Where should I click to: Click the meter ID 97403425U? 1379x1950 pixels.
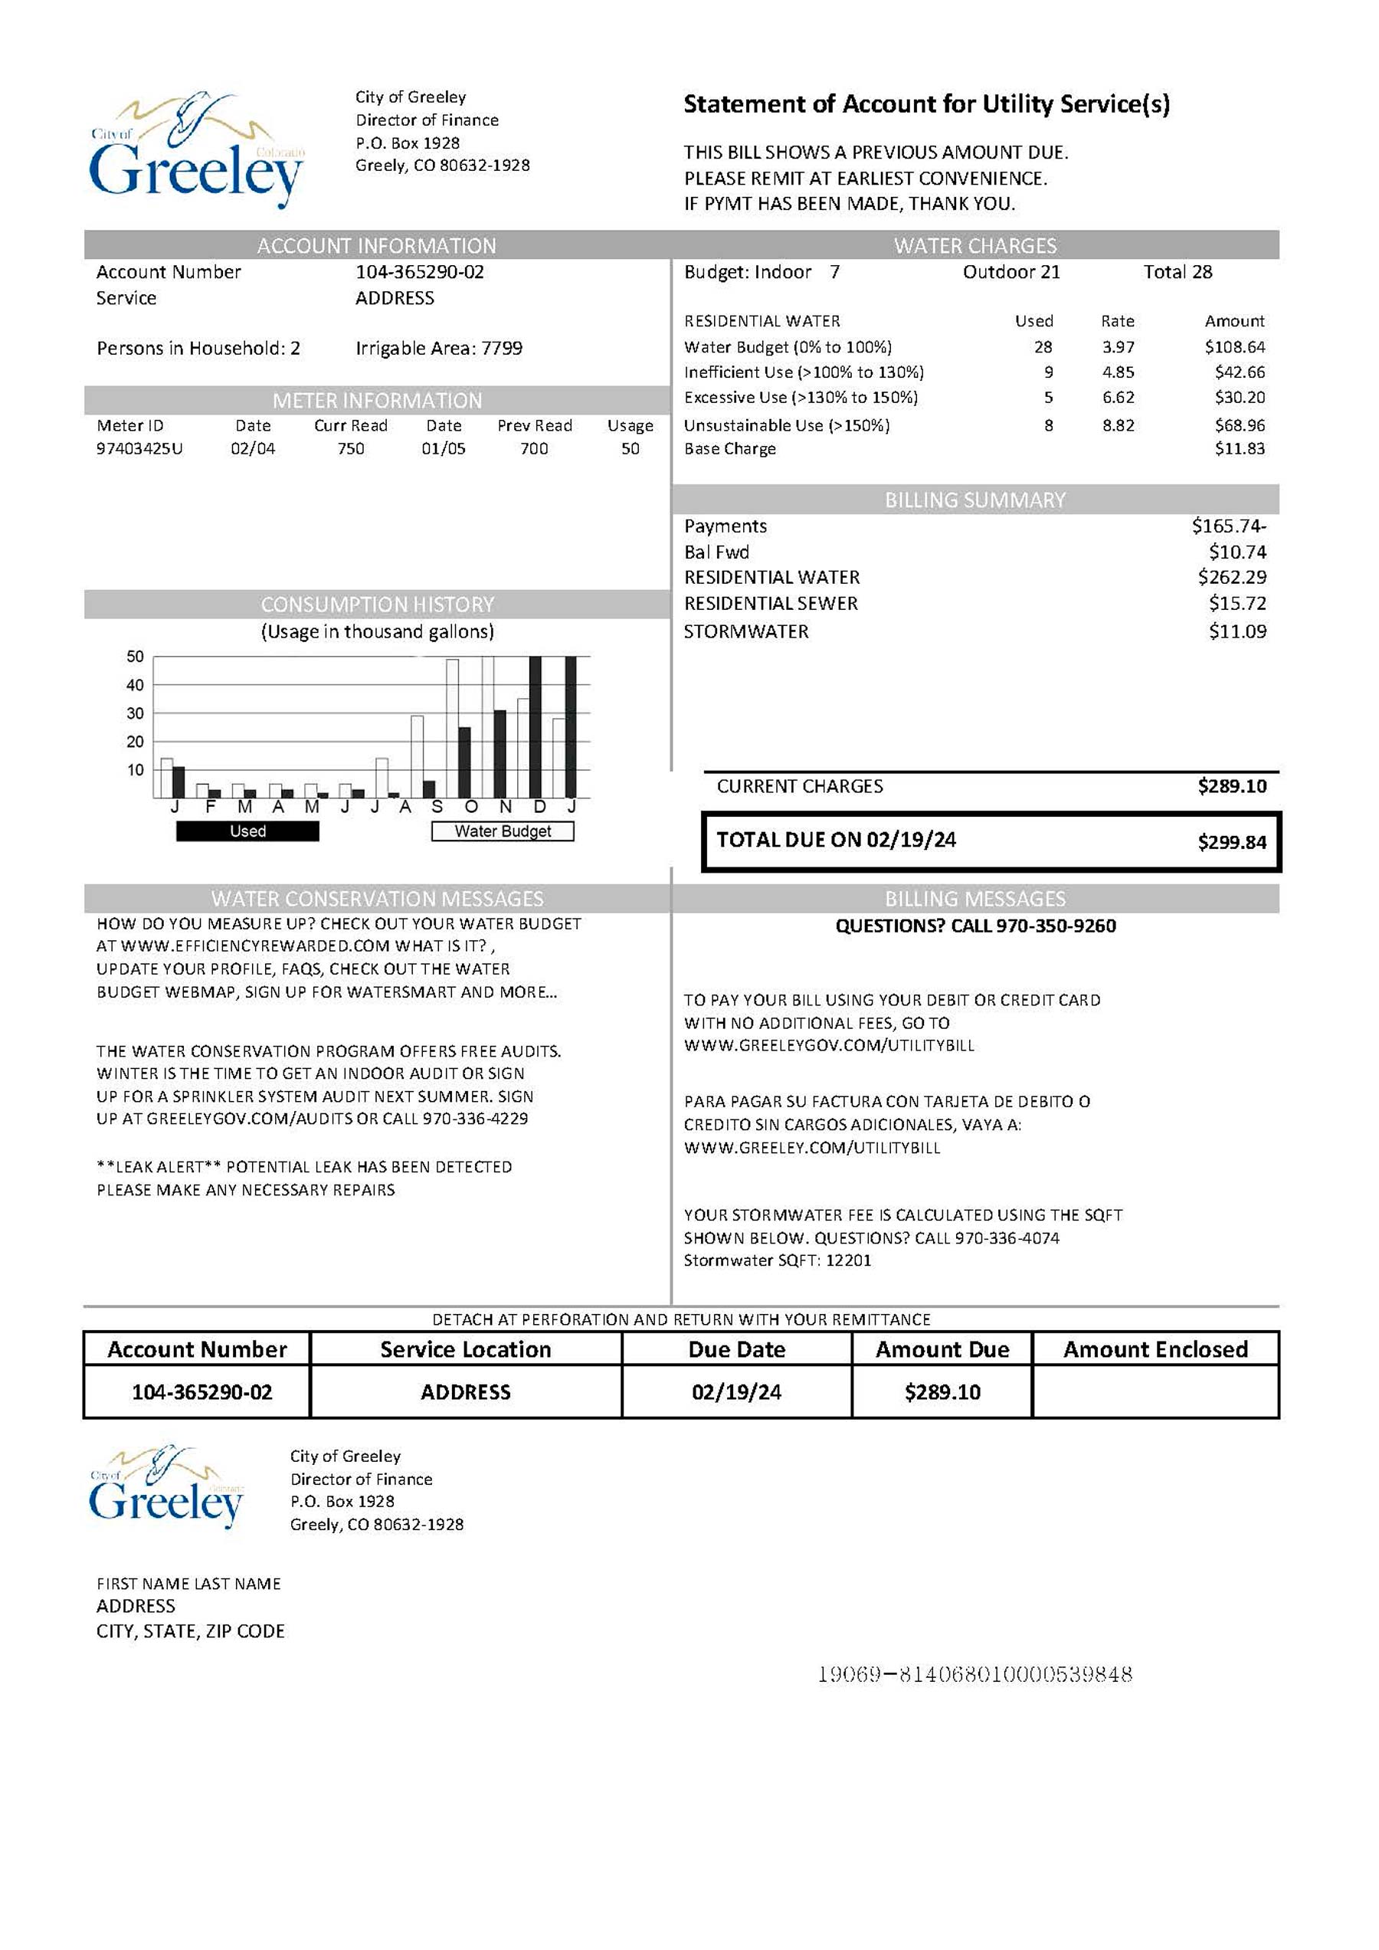tap(139, 448)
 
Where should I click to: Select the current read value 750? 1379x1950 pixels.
tap(351, 448)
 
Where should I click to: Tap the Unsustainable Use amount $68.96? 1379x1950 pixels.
tap(1239, 424)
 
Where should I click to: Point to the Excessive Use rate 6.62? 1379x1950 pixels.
tap(1118, 398)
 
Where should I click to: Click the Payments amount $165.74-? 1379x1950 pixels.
tap(1228, 526)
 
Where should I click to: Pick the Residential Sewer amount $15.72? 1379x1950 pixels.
tap(1237, 603)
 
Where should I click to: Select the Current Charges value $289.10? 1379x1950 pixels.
tap(1231, 785)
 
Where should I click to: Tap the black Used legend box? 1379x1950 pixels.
tap(247, 831)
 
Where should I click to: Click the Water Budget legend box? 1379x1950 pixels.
tap(503, 831)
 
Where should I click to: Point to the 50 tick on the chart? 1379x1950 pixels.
tap(135, 657)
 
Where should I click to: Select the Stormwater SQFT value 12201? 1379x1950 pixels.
tap(848, 1260)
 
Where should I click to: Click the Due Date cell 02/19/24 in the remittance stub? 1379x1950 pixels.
tap(736, 1392)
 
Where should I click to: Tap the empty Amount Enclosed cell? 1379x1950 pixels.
tap(1155, 1392)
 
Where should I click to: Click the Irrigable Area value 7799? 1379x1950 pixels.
tap(502, 348)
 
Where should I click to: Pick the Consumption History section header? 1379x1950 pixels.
tap(377, 604)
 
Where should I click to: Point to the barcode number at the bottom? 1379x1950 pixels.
tap(974, 1674)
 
